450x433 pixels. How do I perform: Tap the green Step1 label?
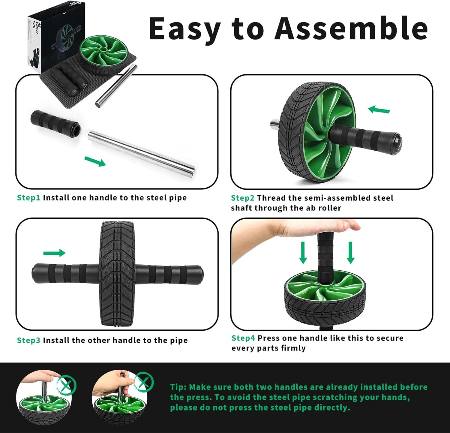click(28, 198)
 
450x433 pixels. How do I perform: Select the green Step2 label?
click(242, 198)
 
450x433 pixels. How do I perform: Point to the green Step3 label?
click(28, 340)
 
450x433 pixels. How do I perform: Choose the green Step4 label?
click(243, 338)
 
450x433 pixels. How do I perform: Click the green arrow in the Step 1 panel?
click(95, 161)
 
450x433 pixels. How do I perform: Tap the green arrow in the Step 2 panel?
click(379, 110)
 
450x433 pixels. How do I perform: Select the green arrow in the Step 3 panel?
click(54, 253)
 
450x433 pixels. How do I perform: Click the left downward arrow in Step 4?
click(303, 252)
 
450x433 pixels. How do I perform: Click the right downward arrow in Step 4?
click(350, 252)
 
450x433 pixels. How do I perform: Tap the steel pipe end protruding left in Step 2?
click(274, 124)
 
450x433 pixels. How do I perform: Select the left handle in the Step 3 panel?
click(64, 273)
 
